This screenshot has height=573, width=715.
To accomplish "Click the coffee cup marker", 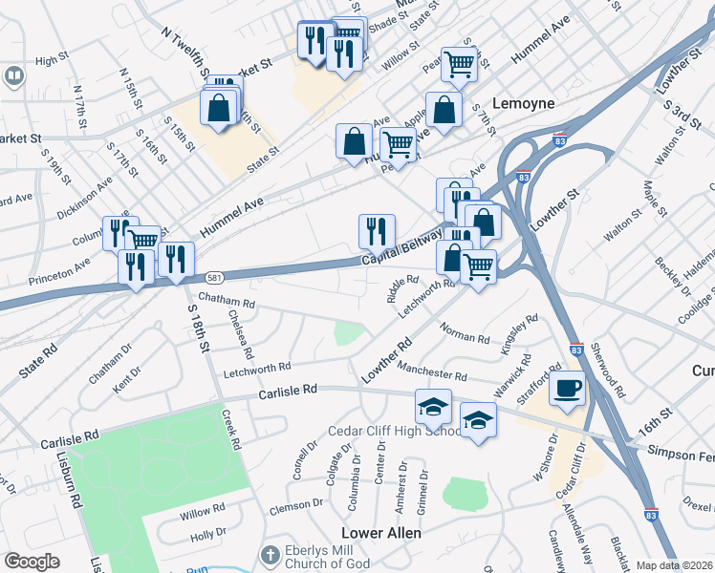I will [x=568, y=389].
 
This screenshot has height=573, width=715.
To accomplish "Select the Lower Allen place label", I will [x=381, y=533].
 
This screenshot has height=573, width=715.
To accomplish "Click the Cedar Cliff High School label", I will [x=395, y=431].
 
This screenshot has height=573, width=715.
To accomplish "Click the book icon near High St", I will [x=13, y=75].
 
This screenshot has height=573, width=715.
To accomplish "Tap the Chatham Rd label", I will [x=227, y=302].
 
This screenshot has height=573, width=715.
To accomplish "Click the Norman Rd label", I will [x=465, y=333].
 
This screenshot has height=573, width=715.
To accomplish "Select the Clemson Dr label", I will [x=296, y=504].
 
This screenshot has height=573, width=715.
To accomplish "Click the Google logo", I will [x=32, y=562].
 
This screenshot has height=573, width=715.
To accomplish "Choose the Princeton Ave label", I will [x=57, y=270].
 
